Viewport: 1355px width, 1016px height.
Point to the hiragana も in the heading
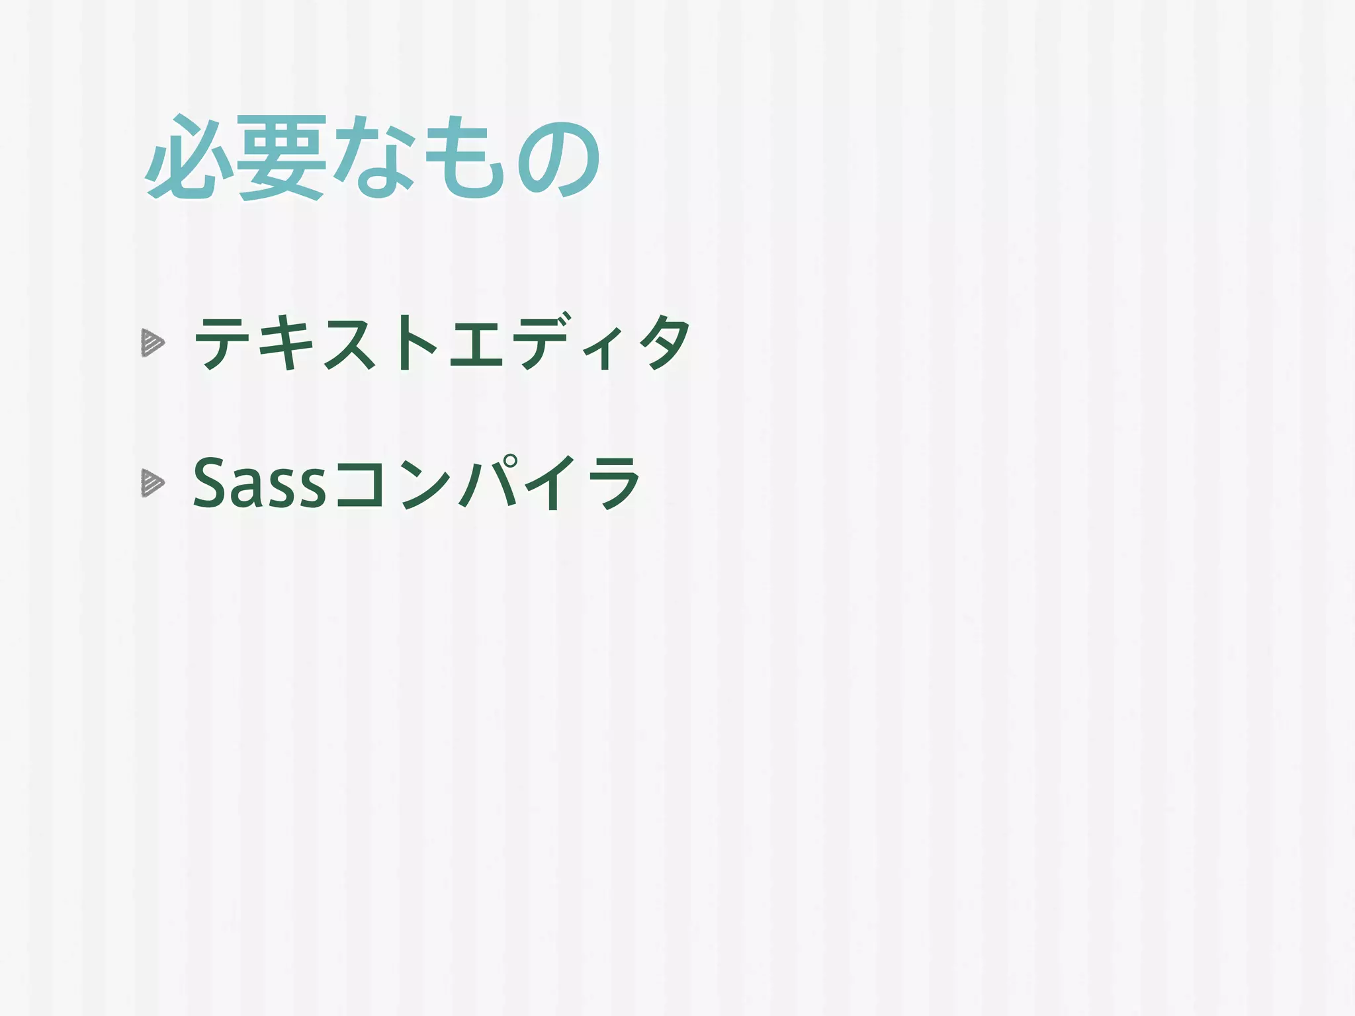(x=463, y=159)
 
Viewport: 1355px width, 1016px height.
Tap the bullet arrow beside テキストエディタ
(x=152, y=344)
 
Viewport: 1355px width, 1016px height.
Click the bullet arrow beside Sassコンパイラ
(x=152, y=484)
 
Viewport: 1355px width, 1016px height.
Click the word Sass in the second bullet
(x=259, y=484)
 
